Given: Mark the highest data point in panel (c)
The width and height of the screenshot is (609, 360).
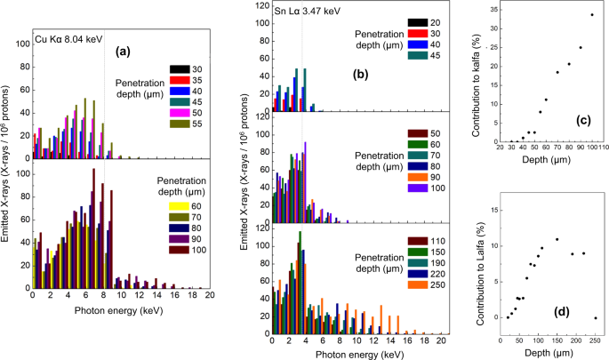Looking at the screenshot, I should point(591,15).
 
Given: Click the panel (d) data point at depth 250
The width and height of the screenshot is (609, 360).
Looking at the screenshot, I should point(596,317).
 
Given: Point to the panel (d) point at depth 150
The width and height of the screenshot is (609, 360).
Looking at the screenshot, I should point(557,239).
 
